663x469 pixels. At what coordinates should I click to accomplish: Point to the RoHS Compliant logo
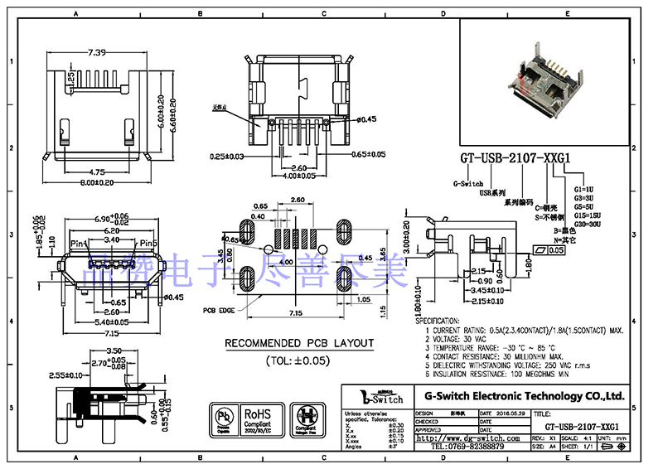[262, 418]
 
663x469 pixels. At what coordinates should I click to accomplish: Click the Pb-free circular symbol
[223, 418]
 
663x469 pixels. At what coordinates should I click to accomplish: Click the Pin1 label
[79, 243]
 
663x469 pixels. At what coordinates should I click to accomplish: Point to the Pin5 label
[148, 243]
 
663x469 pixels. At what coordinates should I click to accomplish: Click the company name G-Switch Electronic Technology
[524, 396]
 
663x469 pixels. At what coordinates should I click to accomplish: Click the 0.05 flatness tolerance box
[556, 249]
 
